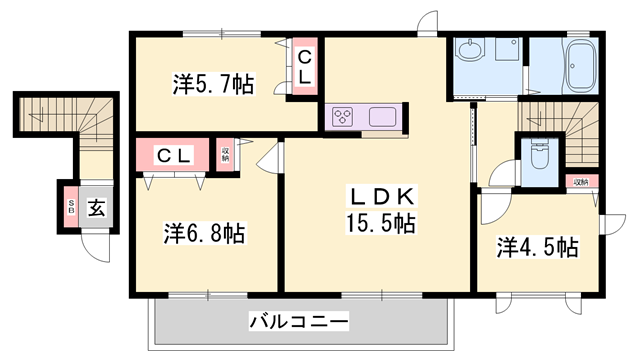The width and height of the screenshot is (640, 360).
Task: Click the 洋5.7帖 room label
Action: tap(212, 86)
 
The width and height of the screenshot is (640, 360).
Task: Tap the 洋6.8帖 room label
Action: tap(205, 234)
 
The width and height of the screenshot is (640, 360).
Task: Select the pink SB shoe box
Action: tap(71, 208)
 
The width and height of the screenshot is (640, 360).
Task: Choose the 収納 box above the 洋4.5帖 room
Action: tap(581, 182)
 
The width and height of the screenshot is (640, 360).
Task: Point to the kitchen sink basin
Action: tap(383, 116)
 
